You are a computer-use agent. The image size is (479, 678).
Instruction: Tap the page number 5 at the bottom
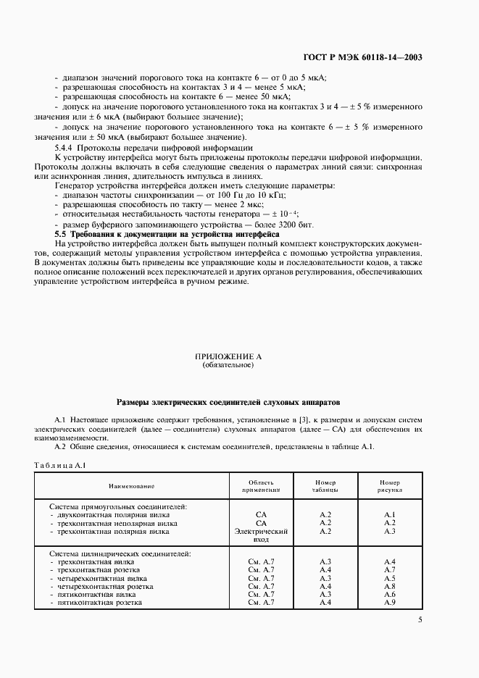tap(420, 620)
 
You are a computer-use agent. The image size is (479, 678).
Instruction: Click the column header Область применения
tap(262, 486)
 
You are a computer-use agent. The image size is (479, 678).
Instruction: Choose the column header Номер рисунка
tap(389, 486)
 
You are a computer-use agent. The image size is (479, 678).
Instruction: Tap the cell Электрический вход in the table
tap(262, 535)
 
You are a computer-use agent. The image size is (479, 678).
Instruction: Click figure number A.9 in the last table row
tap(389, 603)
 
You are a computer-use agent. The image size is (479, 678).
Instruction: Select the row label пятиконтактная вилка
tap(96, 594)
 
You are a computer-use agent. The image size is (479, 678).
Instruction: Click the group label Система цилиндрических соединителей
tap(120, 553)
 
